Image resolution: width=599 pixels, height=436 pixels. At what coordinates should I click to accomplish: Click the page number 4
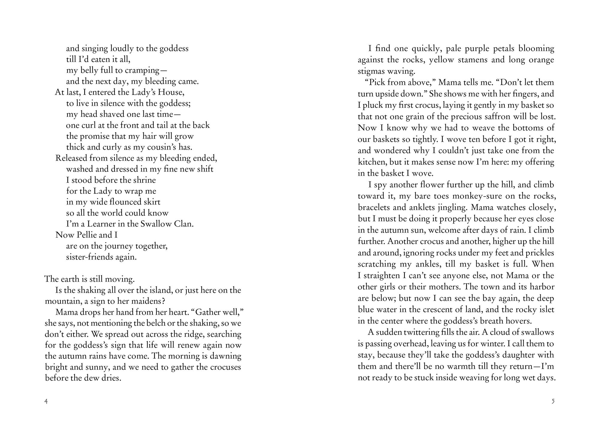(46, 401)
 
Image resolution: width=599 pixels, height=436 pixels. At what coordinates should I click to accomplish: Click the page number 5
(553, 401)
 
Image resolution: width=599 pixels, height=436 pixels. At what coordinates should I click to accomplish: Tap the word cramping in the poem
(143, 70)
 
